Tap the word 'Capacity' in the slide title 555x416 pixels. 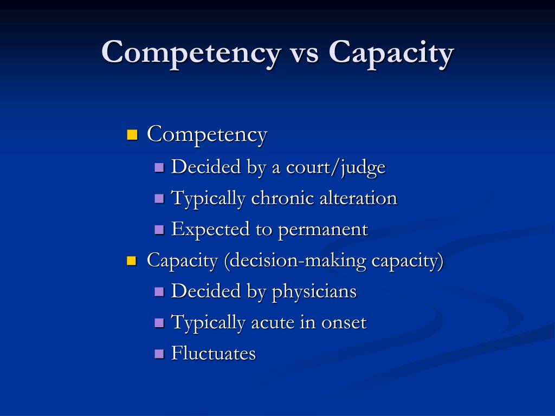tap(391, 53)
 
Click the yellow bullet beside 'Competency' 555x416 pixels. tap(132, 134)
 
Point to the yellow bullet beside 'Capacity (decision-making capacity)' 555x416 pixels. tap(132, 261)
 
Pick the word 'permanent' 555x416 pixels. tap(323, 230)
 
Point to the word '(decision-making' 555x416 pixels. tap(295, 261)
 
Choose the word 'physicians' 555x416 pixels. tap(314, 291)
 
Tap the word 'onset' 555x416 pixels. tap(344, 323)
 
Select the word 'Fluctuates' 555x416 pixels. tap(214, 354)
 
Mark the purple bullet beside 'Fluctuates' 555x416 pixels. tap(159, 354)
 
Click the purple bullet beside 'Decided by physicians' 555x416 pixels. tap(159, 292)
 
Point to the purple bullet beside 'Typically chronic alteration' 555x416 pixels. tap(159, 198)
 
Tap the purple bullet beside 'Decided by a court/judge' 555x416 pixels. tap(159, 167)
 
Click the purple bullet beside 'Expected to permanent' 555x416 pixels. tap(159, 230)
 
